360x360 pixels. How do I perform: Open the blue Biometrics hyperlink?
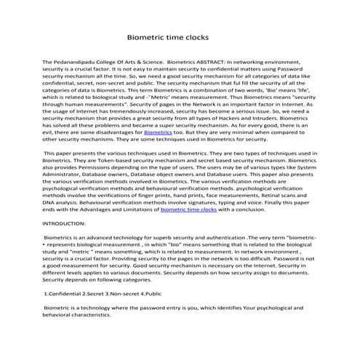coord(158,133)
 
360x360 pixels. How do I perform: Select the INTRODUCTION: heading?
coord(69,223)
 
